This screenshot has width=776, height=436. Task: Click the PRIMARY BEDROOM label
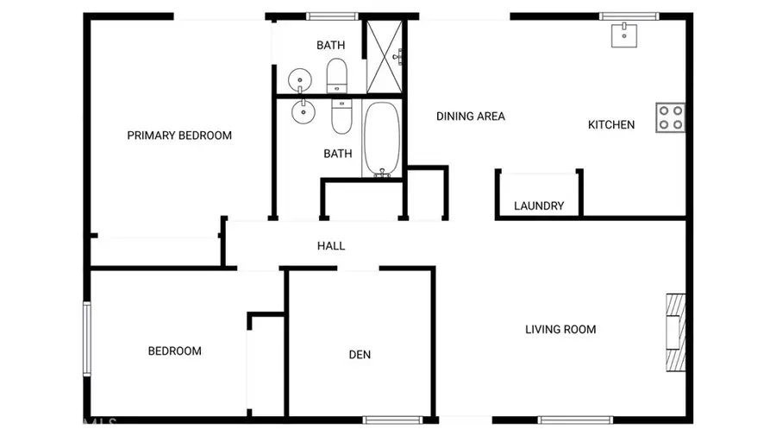pos(179,136)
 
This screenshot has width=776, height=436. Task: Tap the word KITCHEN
pos(611,125)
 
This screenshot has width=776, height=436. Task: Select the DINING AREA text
pos(470,117)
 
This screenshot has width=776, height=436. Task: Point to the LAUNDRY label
pos(539,206)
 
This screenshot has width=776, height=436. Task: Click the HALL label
pos(331,246)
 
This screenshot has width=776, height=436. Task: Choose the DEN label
pos(360,355)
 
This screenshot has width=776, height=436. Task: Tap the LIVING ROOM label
pos(560,329)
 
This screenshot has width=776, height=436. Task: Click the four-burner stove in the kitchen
pos(670,117)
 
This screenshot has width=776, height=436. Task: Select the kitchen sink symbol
pos(624,35)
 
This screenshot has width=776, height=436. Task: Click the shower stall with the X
pos(385,56)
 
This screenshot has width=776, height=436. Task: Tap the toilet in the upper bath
pos(336,75)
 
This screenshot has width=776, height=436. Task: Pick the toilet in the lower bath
pos(342,116)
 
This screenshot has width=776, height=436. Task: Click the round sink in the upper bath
pos(299,79)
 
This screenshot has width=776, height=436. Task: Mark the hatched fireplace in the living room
pos(676,332)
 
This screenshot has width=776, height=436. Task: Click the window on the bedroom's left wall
pos(86,338)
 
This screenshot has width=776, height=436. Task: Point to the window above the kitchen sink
pos(629,16)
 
